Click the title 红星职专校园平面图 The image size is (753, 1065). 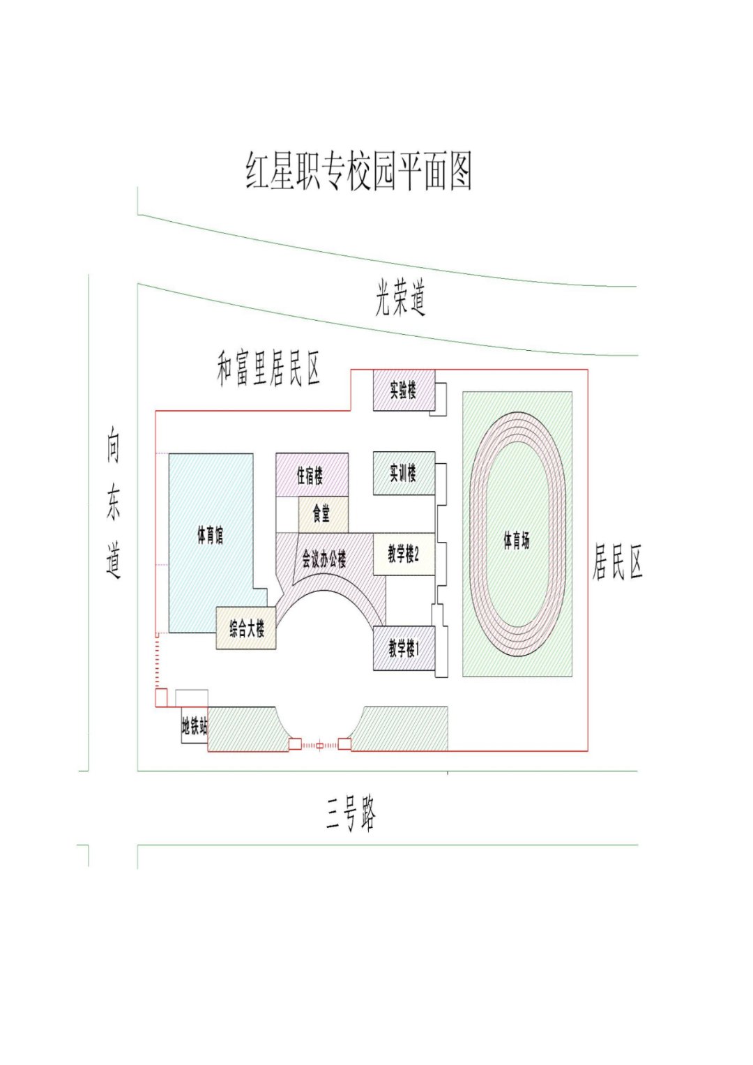point(359,171)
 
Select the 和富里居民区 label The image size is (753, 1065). point(268,369)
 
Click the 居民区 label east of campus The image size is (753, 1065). point(617,562)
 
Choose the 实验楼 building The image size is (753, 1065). point(404,391)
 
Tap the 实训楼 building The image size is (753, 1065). point(404,474)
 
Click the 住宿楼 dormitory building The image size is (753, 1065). point(311,475)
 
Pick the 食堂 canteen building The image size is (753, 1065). point(322,515)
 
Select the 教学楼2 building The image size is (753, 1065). point(404,554)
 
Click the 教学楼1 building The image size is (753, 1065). point(404,649)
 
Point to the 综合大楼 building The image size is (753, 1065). point(246,629)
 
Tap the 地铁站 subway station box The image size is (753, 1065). point(194,727)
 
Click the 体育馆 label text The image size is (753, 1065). point(210,536)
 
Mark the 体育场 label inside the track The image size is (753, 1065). point(517,539)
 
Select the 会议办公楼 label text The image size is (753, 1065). point(324,559)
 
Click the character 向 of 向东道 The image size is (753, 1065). point(113,448)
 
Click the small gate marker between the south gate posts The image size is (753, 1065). point(320,746)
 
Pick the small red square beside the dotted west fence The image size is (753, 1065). point(160,697)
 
